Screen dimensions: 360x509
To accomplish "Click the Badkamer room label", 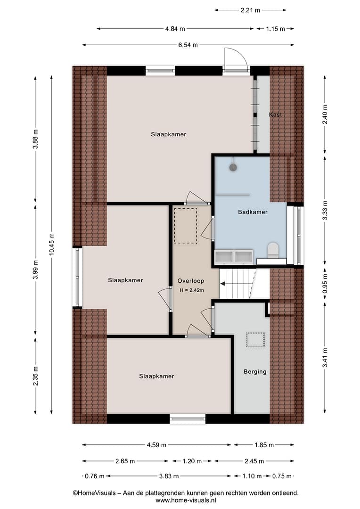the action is [x=253, y=212].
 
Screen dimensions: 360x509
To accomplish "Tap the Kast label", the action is [x=275, y=115].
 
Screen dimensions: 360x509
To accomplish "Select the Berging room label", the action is [x=255, y=372].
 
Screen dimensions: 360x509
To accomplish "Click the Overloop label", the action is [x=190, y=281].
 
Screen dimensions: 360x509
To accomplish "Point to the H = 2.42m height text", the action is [x=192, y=290].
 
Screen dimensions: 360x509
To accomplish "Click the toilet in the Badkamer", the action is [x=273, y=250].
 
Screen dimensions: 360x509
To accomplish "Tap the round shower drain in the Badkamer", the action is [x=233, y=167].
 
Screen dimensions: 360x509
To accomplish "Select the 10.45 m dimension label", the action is [x=51, y=245].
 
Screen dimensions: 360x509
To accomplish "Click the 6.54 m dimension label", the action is [x=188, y=45].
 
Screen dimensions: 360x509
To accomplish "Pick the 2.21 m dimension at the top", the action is [x=250, y=10].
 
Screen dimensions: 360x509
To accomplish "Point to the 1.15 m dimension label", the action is [x=275, y=29].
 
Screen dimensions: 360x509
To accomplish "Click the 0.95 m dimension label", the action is [x=325, y=284].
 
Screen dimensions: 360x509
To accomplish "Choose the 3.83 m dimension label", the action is [x=169, y=476].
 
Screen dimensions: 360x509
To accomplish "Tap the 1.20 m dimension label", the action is [x=192, y=461].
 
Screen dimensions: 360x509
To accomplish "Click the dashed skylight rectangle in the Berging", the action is [x=255, y=340].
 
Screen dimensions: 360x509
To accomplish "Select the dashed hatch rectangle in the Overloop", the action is [x=185, y=226].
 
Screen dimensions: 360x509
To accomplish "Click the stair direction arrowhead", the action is [x=223, y=284].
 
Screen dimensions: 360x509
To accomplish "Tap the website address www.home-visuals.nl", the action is [x=186, y=501].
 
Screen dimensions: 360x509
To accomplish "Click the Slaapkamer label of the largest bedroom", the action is [x=169, y=134].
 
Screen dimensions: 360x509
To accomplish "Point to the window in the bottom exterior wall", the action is [x=188, y=419].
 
